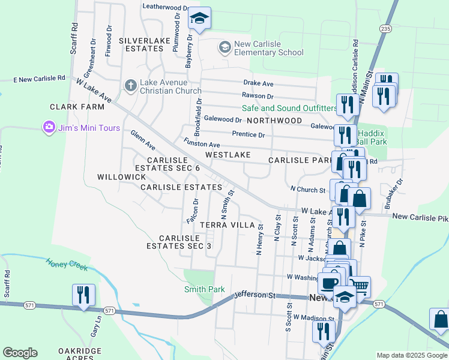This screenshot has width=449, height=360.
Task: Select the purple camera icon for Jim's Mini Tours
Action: click(x=49, y=127)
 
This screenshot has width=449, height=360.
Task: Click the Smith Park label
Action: click(x=204, y=290)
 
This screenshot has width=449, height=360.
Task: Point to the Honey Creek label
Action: click(x=67, y=264)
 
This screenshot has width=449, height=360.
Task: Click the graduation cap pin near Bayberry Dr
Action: click(x=199, y=19)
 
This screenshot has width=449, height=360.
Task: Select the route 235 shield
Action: click(x=385, y=28)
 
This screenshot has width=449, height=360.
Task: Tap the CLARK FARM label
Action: click(x=77, y=107)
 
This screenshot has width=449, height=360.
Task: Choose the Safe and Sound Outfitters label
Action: click(x=289, y=109)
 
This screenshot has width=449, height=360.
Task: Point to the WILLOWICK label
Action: click(x=122, y=178)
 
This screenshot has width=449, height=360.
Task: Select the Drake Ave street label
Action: click(x=258, y=83)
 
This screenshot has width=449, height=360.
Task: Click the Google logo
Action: click(x=20, y=353)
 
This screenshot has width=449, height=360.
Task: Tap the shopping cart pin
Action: click(x=360, y=286)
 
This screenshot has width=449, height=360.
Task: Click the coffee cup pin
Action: click(x=329, y=283)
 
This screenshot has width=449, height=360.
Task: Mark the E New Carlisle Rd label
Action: click(x=39, y=79)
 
